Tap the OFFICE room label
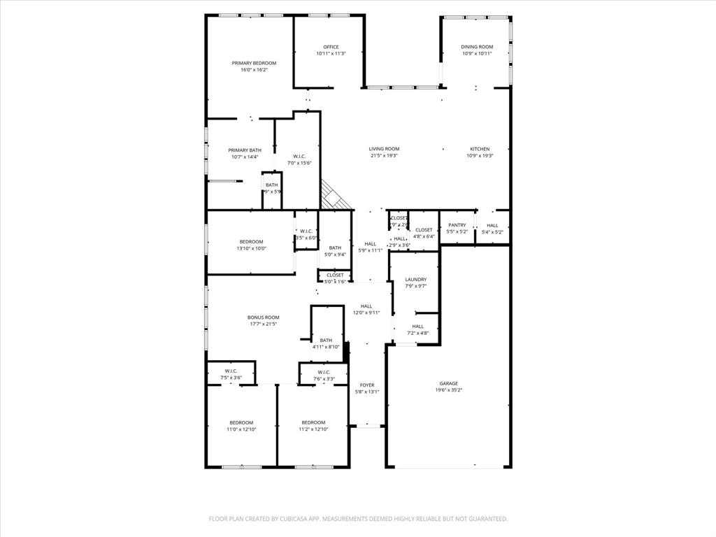331,47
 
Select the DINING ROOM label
477,47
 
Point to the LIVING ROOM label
384,149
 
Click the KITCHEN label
480,149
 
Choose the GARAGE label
448,383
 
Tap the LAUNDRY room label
415,280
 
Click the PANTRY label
457,225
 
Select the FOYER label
367,385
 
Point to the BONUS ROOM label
264,317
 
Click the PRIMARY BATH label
245,150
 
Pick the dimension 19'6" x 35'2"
448,390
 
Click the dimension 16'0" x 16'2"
254,70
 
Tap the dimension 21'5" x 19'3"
384,156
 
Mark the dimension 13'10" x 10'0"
251,248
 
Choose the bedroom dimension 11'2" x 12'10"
313,429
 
